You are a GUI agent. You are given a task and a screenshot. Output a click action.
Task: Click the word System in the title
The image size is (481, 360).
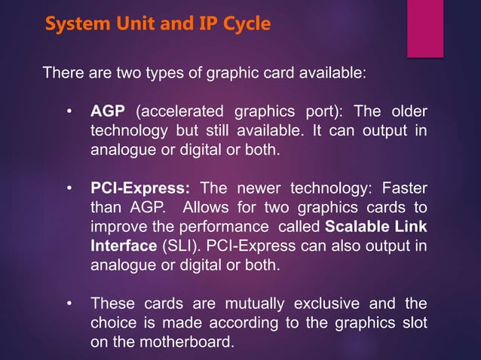pyautogui.click(x=75, y=24)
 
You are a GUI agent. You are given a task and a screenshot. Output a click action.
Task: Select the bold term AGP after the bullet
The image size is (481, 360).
pyautogui.click(x=108, y=112)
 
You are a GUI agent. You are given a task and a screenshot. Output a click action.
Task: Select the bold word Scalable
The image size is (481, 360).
pyautogui.click(x=357, y=227)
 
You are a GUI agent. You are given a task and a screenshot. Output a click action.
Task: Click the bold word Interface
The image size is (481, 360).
pyautogui.click(x=121, y=246)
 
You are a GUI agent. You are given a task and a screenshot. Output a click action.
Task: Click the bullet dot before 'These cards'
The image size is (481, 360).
pyautogui.click(x=69, y=304)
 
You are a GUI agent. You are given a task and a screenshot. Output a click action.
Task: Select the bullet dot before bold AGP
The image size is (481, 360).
pyautogui.click(x=69, y=112)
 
